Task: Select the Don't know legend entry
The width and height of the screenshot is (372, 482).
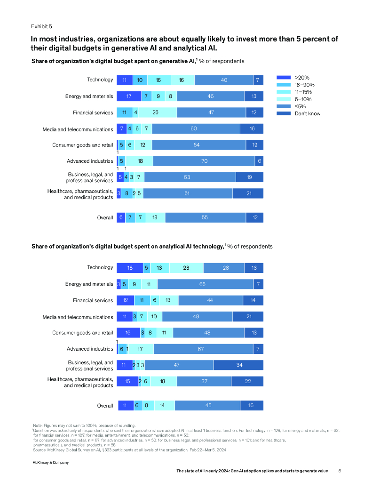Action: (x=307, y=113)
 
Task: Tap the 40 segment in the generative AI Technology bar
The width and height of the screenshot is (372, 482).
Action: (x=224, y=80)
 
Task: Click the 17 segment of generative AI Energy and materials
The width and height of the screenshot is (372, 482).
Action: (x=129, y=96)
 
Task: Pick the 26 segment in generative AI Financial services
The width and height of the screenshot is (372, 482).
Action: (x=155, y=112)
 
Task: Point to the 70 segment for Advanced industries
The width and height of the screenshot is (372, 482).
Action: (x=204, y=161)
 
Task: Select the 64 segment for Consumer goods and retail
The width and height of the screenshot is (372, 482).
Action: (x=197, y=145)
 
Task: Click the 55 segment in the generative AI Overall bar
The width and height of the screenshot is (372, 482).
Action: (x=206, y=217)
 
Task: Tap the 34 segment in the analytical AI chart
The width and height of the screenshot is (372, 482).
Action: (x=238, y=365)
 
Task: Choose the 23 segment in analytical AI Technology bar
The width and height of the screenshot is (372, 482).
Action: (x=186, y=268)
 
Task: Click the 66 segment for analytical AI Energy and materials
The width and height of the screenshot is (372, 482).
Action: (x=203, y=284)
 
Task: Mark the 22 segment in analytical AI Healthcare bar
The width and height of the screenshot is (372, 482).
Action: (x=247, y=381)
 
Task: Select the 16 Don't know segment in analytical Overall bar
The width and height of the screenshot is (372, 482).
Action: (x=252, y=406)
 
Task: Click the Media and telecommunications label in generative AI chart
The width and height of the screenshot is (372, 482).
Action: (x=78, y=129)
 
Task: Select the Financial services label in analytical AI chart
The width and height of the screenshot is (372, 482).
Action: (x=93, y=300)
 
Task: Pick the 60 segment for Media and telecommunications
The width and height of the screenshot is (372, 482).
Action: (x=196, y=129)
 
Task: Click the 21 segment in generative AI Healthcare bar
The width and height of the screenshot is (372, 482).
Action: (x=248, y=193)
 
